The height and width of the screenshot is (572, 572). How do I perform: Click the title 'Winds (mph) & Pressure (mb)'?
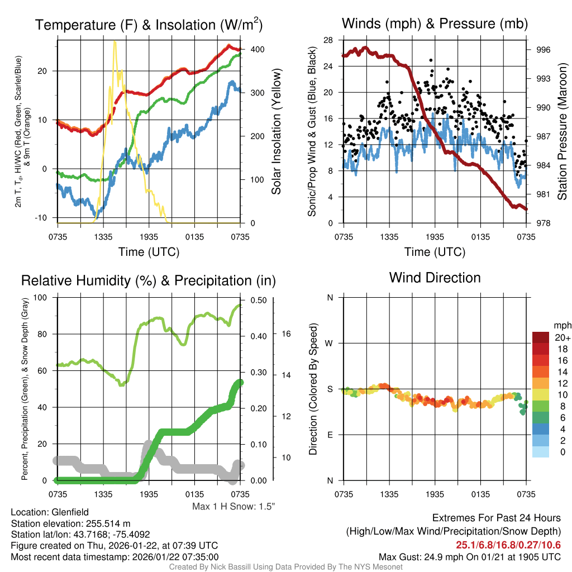pyautogui.click(x=435, y=23)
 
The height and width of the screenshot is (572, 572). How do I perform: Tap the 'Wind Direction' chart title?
pyautogui.click(x=435, y=278)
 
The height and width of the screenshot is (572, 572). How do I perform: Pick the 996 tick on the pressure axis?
pyautogui.click(x=542, y=50)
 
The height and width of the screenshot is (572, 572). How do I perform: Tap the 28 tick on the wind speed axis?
pyautogui.click(x=328, y=40)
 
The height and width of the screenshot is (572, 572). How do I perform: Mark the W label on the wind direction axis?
pyautogui.click(x=330, y=344)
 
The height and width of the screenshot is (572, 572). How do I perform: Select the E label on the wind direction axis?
pyautogui.click(x=330, y=435)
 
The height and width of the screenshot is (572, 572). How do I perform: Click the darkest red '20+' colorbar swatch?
pyautogui.click(x=542, y=337)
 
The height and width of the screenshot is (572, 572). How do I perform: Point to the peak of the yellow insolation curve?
pyautogui.click(x=115, y=42)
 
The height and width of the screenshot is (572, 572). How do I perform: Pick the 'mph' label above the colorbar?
pyautogui.click(x=561, y=325)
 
